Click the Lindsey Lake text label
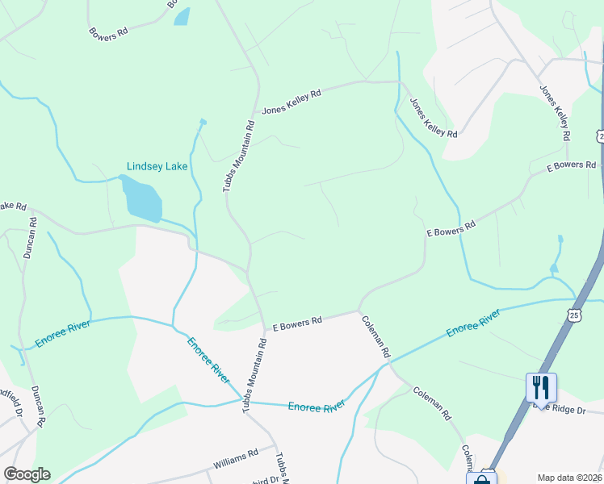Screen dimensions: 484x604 point(157,166)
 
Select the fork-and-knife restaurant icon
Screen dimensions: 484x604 point(541,387)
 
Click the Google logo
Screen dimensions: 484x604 point(27,474)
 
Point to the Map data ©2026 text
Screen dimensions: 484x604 point(569,478)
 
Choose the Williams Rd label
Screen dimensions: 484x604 point(235,459)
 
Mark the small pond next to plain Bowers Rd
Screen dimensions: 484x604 point(182,16)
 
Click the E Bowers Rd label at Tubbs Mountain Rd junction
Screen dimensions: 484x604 point(297,323)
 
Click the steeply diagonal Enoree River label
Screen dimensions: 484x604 point(208,361)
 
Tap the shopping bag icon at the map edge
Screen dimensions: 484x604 point(482,478)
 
